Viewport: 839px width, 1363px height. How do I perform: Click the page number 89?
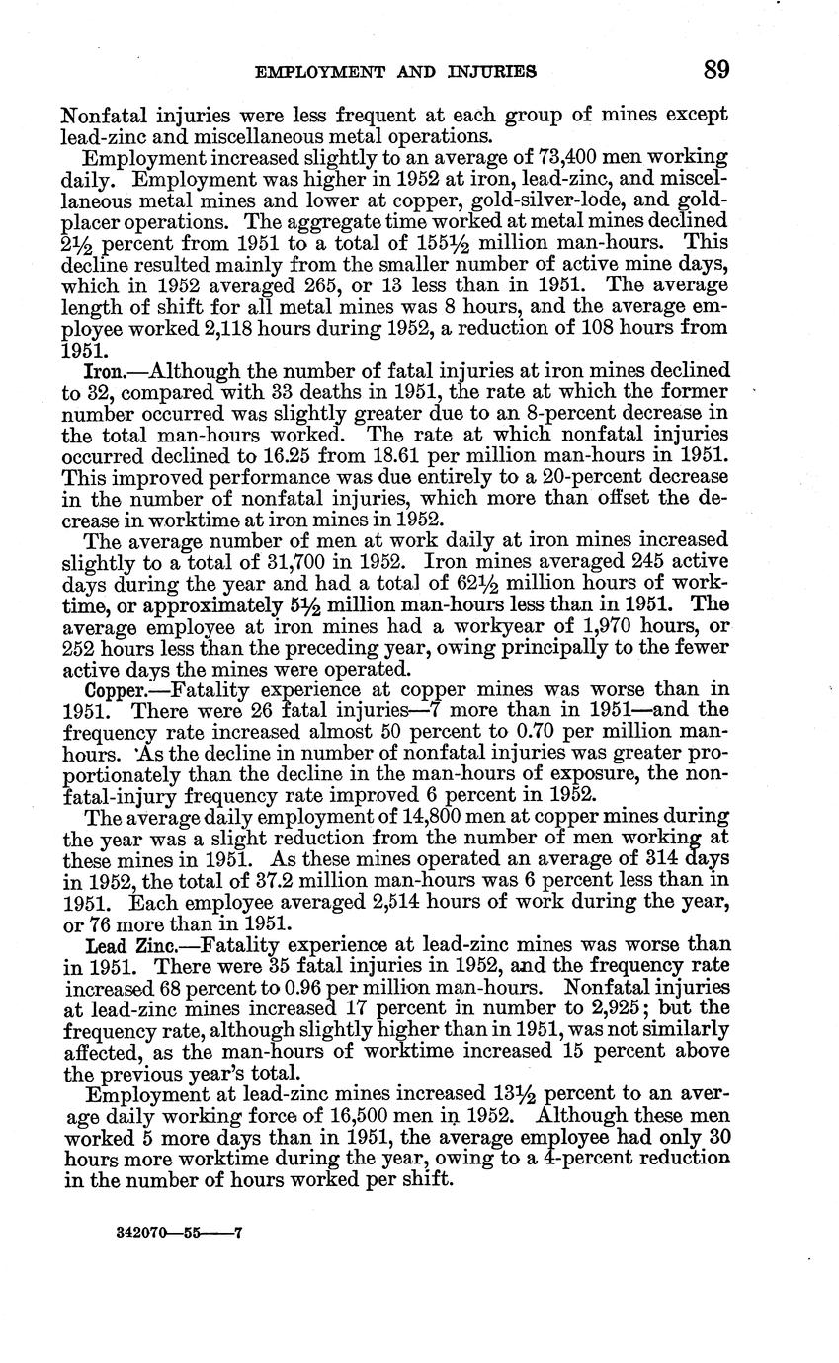pyautogui.click(x=716, y=70)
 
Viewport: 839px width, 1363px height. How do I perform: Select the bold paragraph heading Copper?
pyautogui.click(x=114, y=689)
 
